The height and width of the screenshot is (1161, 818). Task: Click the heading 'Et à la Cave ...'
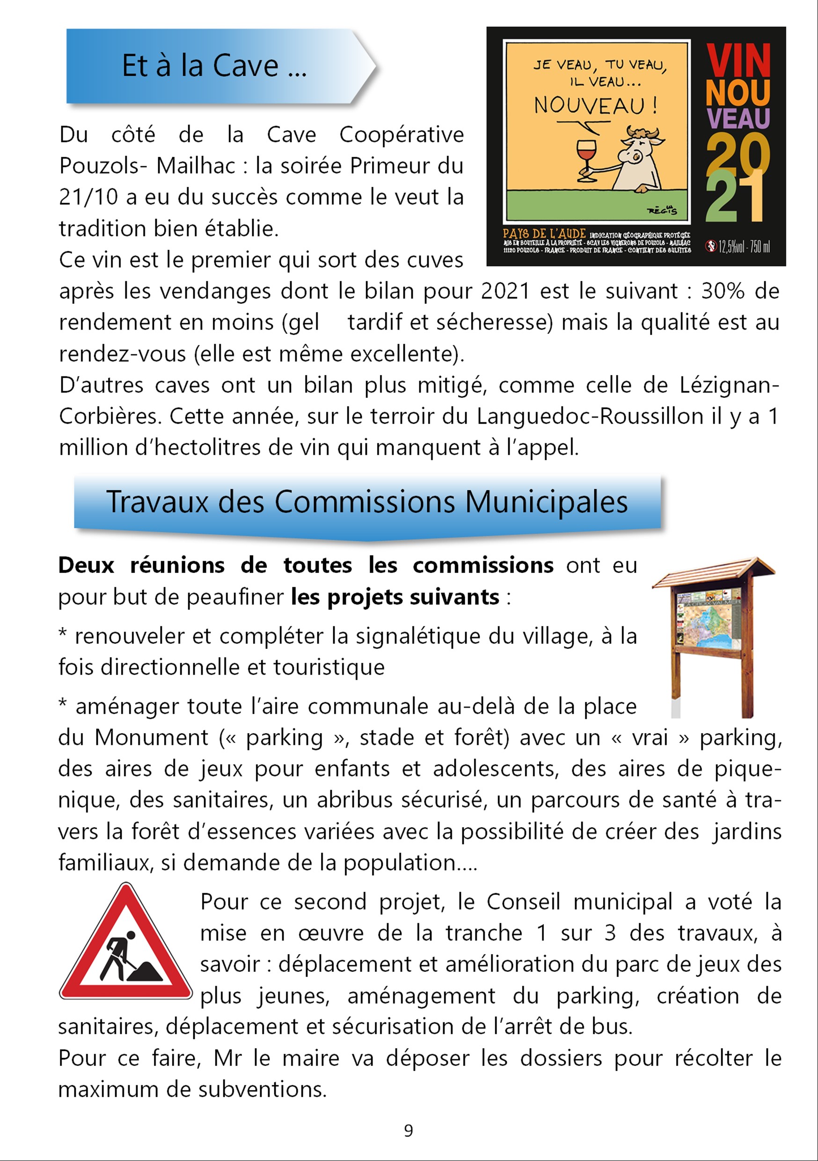[x=214, y=66]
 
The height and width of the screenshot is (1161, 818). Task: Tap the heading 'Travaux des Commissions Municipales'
[x=366, y=502]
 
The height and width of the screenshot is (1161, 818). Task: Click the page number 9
[x=409, y=1131]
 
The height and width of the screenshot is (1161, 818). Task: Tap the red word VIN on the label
[x=738, y=61]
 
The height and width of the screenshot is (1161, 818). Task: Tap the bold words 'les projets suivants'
[x=395, y=597]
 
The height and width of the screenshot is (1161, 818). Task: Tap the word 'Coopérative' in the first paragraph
[x=402, y=135]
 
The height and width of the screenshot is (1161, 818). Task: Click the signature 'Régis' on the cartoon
[x=662, y=210]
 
